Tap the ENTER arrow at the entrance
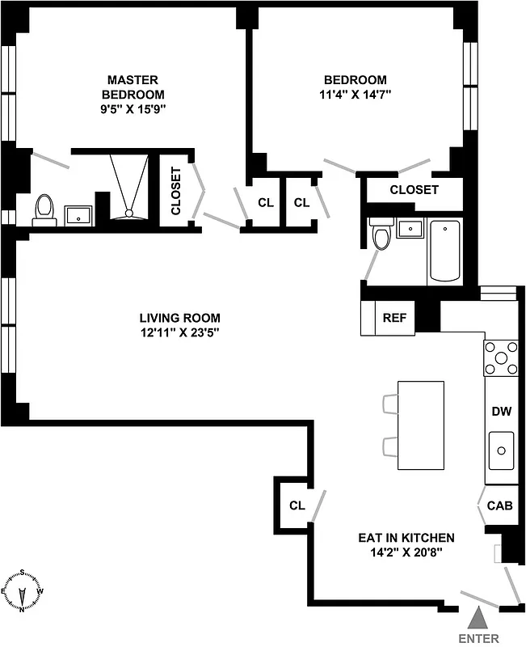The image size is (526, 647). click(478, 619)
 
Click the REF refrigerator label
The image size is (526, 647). click(394, 318)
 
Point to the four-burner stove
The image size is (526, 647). click(500, 358)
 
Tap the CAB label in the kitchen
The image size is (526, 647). click(499, 506)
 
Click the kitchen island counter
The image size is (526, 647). click(420, 425)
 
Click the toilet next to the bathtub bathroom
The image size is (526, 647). click(381, 235)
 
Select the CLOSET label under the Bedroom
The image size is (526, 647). click(414, 190)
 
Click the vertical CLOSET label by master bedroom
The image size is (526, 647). click(175, 191)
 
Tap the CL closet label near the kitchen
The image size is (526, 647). click(297, 506)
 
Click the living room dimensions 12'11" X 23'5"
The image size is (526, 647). click(179, 332)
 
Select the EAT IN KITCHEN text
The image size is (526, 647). click(406, 538)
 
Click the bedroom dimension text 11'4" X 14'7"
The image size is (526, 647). click(356, 94)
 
